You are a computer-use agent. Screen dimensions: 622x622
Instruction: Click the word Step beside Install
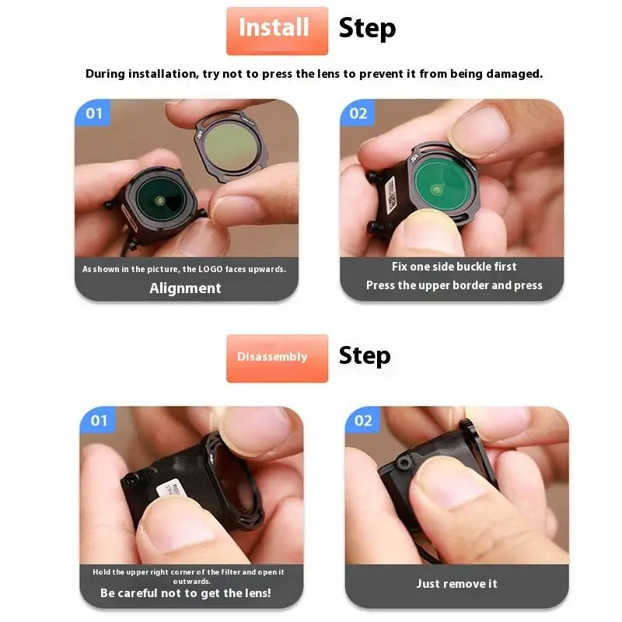click(x=367, y=29)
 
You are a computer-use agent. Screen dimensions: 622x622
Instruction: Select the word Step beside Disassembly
click(x=365, y=356)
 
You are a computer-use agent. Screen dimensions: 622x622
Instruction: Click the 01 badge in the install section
click(x=93, y=113)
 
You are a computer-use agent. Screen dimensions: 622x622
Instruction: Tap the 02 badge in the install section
click(x=358, y=113)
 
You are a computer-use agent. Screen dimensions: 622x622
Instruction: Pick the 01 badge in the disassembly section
click(x=99, y=420)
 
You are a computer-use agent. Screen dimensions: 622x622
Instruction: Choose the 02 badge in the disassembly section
click(x=363, y=420)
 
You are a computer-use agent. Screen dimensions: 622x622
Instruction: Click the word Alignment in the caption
click(x=185, y=288)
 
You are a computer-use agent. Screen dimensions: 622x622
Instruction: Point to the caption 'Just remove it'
click(x=456, y=584)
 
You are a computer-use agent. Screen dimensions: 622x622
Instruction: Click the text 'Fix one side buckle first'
click(x=454, y=267)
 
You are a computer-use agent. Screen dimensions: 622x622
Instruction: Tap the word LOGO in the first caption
click(x=211, y=269)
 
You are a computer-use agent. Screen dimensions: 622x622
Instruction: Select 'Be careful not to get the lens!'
click(x=186, y=593)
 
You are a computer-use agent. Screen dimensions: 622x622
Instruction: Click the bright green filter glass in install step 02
click(x=443, y=185)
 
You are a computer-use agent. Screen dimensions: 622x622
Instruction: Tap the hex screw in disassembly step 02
click(x=404, y=463)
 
